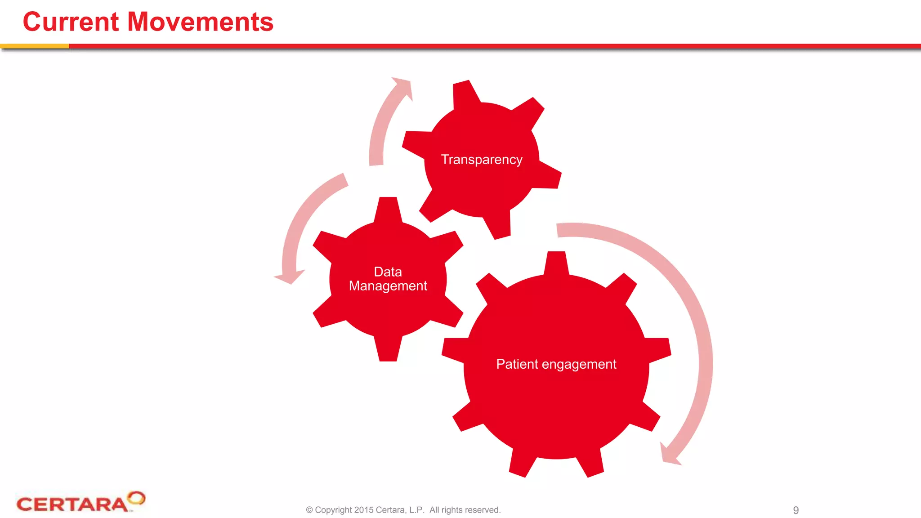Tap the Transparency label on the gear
point(481,160)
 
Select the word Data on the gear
point(388,272)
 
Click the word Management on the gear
point(388,286)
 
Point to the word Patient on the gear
point(517,364)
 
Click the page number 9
point(796,510)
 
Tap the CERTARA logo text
point(72,504)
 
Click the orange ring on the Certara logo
point(136,498)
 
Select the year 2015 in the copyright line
point(363,510)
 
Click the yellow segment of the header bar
point(34,46)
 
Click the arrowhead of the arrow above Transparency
point(403,85)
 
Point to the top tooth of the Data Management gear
point(388,208)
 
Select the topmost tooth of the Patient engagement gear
point(556,262)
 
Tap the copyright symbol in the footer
point(309,510)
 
